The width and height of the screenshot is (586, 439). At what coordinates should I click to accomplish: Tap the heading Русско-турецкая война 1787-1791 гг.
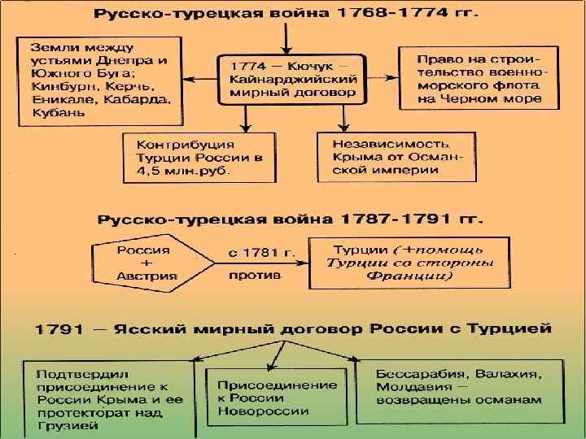tap(291, 220)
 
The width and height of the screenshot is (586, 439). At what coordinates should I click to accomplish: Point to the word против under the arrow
tap(255, 276)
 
